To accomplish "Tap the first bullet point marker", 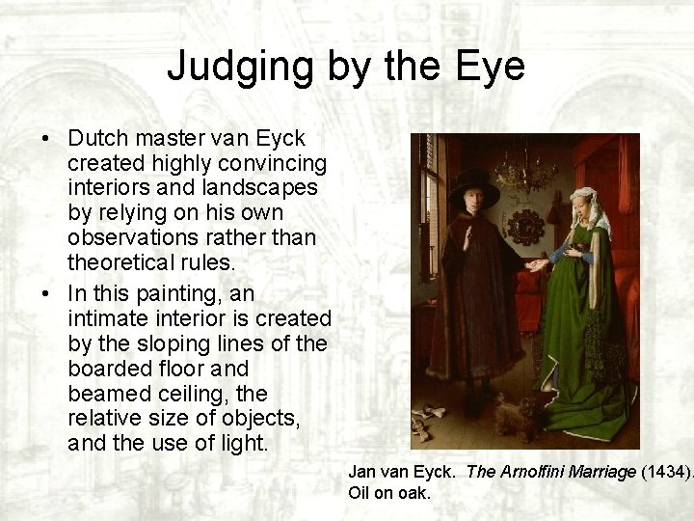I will (x=45, y=140).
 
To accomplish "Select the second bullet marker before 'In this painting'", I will (x=45, y=293).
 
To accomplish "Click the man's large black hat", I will (x=473, y=186).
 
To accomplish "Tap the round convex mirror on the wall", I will (x=525, y=225).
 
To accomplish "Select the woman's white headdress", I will (x=589, y=207).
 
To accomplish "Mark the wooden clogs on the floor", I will (x=425, y=425).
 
